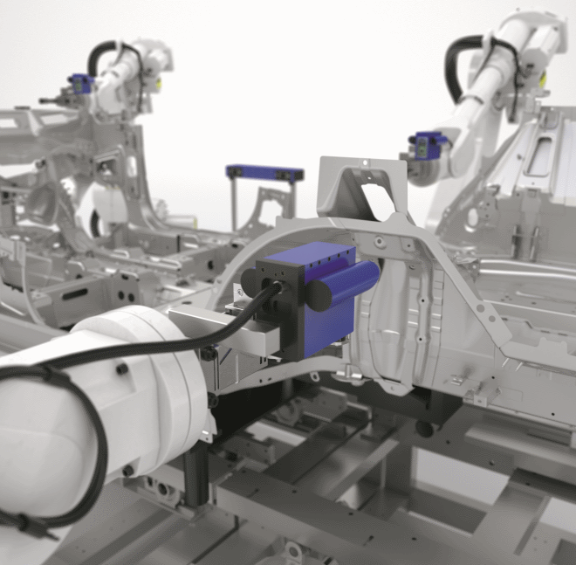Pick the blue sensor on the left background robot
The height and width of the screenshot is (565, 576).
click(80, 85)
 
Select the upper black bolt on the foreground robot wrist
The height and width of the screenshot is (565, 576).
click(209, 355)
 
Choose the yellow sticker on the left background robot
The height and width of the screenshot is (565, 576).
click(159, 84)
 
